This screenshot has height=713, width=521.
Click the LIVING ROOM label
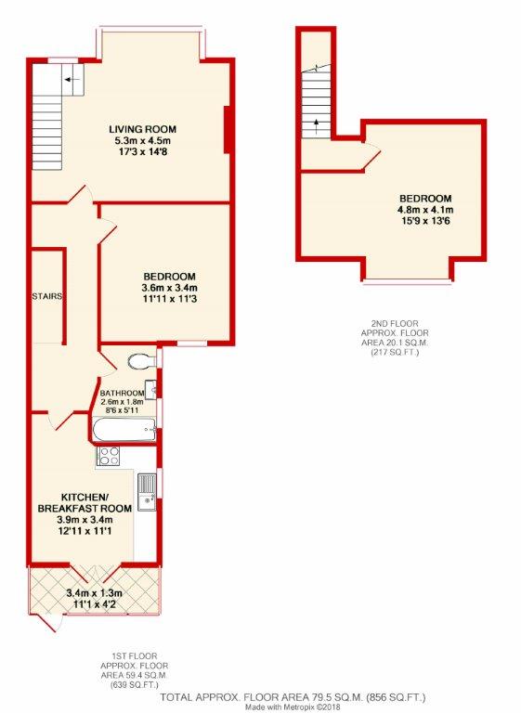(142, 129)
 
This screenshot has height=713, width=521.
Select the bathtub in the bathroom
(124, 430)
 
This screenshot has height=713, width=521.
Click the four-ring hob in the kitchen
(109, 456)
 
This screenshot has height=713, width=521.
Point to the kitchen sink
(147, 492)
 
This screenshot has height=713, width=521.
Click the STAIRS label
(46, 296)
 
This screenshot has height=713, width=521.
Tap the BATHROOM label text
(122, 393)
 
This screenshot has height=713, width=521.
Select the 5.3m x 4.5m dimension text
(142, 140)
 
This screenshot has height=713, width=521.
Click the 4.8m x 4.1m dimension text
(425, 210)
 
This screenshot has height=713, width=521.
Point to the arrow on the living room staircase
(72, 80)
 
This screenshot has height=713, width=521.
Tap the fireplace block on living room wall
(228, 130)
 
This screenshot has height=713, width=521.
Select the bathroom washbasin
(151, 389)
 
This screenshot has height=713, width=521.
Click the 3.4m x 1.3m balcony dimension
(94, 593)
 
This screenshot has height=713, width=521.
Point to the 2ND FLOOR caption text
(395, 324)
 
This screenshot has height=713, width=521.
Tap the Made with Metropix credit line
(293, 707)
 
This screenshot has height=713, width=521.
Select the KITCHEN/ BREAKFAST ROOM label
(85, 502)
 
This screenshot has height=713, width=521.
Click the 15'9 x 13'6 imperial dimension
(425, 222)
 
